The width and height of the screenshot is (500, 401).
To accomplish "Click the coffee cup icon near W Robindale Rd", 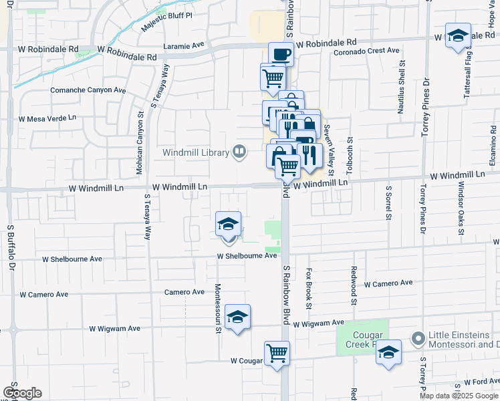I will click(281, 53).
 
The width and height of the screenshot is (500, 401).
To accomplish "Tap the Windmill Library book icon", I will click(238, 152).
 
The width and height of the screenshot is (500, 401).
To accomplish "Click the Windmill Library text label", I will click(196, 152).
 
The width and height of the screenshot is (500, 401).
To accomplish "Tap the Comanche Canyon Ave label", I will click(88, 90).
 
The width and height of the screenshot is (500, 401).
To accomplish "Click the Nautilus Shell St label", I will click(401, 88).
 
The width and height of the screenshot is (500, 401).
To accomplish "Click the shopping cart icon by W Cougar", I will click(277, 353).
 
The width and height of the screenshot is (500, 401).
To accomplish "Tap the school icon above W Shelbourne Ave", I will click(228, 224).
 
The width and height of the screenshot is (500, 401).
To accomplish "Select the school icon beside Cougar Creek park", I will click(388, 353).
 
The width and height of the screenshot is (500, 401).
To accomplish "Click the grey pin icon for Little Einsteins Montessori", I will click(419, 339).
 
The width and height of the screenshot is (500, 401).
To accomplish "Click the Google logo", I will click(22, 393).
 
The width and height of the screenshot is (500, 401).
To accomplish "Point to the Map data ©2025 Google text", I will click(459, 396).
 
